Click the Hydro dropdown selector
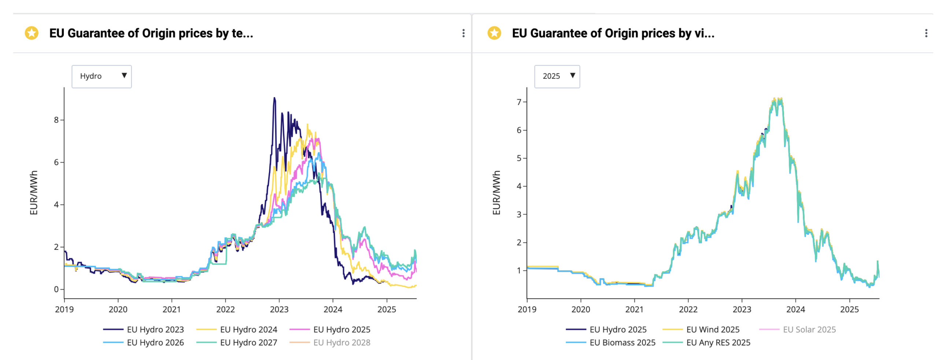[x=101, y=76]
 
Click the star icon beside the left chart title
[x=32, y=33]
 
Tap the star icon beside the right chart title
[x=494, y=33]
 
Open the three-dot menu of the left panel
[x=463, y=33]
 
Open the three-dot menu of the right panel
[x=926, y=33]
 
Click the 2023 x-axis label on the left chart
[x=279, y=309]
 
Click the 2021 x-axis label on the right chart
[x=634, y=309]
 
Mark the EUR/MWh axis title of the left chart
[x=34, y=193]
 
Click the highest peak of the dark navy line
[x=274, y=98]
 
